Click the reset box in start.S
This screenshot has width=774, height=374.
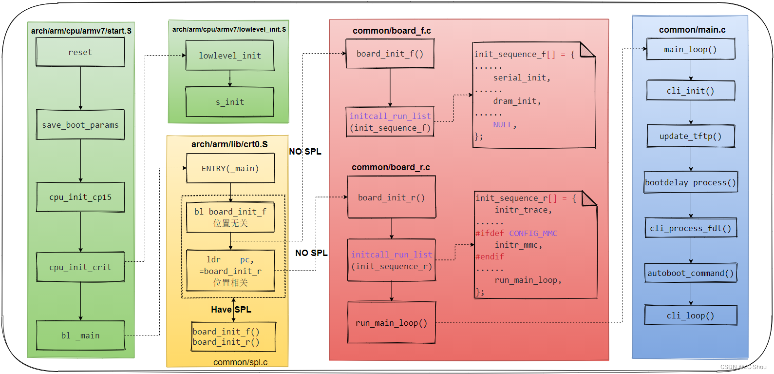(80, 52)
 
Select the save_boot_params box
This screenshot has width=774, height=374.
(80, 125)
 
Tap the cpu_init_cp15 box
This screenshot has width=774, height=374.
(80, 197)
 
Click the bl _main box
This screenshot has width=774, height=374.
(80, 335)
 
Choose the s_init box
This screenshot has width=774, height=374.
(229, 102)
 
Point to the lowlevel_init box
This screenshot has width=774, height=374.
(229, 56)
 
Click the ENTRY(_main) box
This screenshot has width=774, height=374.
(230, 168)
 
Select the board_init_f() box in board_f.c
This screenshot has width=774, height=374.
(390, 54)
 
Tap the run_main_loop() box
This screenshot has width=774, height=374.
(391, 323)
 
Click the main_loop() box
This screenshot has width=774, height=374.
(690, 49)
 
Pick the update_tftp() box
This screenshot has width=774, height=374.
(690, 136)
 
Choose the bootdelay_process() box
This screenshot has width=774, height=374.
(690, 182)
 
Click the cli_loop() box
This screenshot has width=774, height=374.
(690, 315)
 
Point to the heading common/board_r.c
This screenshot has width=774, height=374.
(391, 167)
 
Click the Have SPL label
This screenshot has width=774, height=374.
(231, 310)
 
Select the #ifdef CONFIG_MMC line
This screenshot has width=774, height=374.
(516, 233)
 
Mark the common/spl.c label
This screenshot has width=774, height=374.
(240, 362)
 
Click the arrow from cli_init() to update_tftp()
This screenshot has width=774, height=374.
(691, 113)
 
